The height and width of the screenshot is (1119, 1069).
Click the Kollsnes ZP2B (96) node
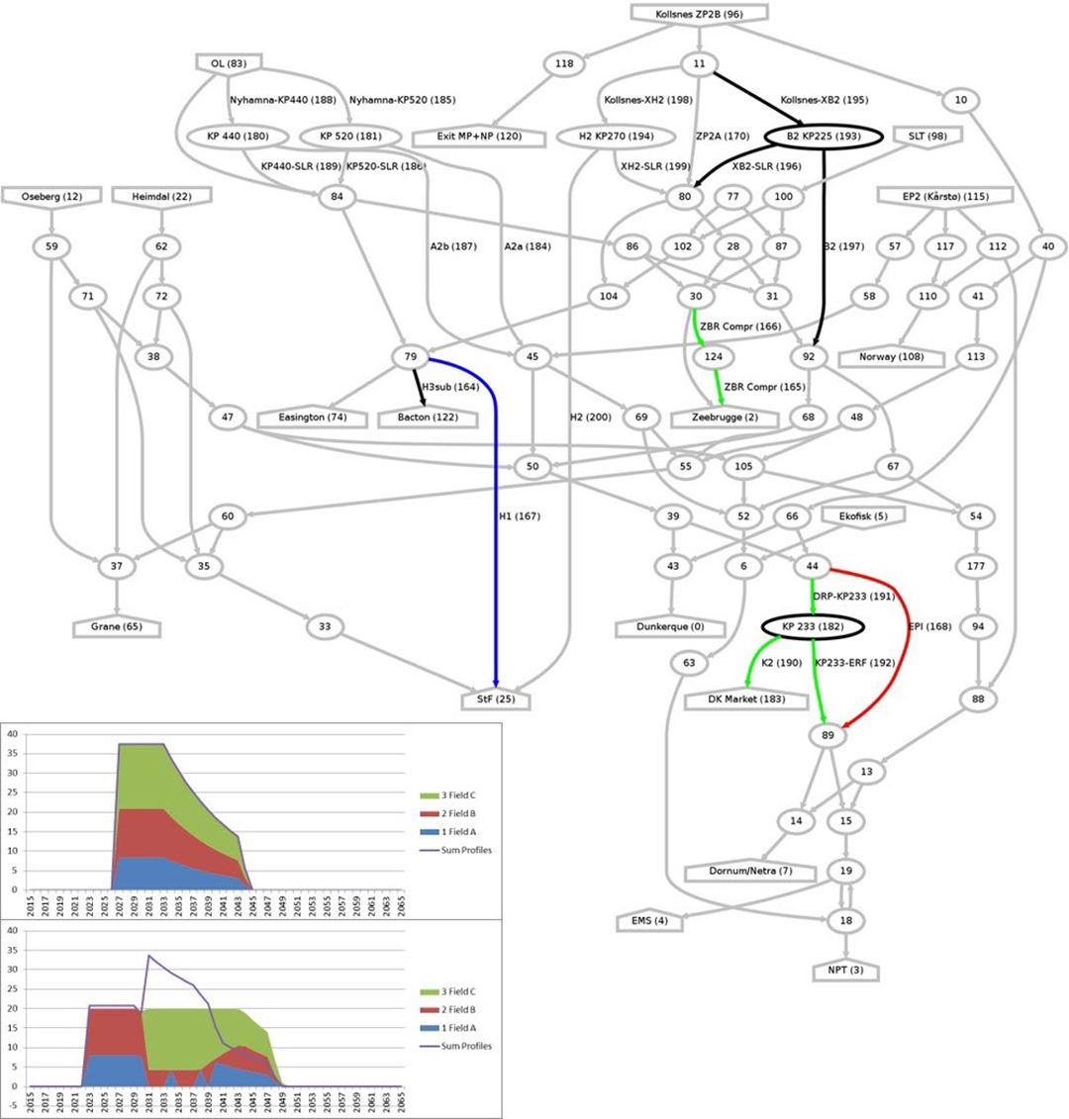(x=700, y=14)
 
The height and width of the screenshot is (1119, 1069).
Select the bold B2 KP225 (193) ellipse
(x=822, y=137)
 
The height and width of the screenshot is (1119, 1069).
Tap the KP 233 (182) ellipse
(x=813, y=627)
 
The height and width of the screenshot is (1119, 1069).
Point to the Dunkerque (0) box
(x=672, y=627)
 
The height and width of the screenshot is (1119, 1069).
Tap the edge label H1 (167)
(x=521, y=515)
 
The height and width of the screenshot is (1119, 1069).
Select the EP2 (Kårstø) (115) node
(x=947, y=197)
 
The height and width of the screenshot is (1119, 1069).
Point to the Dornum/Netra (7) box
(x=750, y=871)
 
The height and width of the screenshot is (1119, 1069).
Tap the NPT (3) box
(x=845, y=970)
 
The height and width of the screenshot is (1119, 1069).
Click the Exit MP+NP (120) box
(x=480, y=136)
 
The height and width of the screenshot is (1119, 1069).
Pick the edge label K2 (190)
(x=781, y=662)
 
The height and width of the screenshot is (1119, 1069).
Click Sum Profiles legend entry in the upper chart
(x=459, y=850)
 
